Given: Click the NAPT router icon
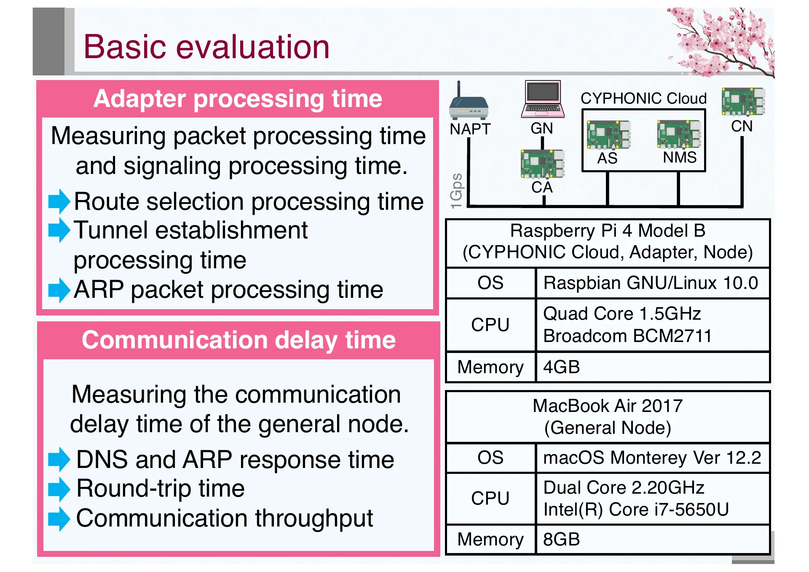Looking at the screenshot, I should (468, 103).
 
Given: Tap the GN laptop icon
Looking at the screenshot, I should (542, 99).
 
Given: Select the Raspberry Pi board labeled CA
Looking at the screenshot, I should (542, 164).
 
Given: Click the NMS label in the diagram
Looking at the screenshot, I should (679, 158).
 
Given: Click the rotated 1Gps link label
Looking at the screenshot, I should (456, 191).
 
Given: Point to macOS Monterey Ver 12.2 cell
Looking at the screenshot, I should (652, 457).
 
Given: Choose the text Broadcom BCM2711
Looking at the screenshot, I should (627, 336).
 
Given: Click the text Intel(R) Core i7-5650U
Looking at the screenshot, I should (636, 509).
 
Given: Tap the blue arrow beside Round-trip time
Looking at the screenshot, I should (59, 489).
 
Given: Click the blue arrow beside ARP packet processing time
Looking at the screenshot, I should (59, 290).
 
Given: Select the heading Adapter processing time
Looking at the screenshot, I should (238, 99).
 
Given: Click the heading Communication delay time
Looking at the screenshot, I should (238, 340).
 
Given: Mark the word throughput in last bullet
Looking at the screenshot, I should (314, 519).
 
